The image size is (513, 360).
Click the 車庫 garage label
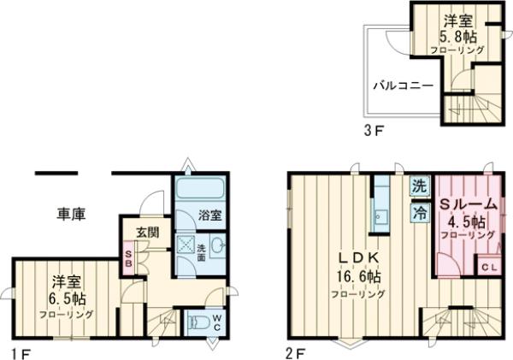[x=71, y=214]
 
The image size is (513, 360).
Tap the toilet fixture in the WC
[x=198, y=322]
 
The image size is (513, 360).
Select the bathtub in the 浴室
[x=199, y=188]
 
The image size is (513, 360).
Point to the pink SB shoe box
[x=128, y=258]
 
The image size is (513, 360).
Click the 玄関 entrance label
[x=148, y=232]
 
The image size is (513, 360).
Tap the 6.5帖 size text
[x=69, y=298]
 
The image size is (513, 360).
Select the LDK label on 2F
[x=358, y=258]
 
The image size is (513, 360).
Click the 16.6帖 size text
[x=359, y=278]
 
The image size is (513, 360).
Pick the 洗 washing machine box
[x=420, y=186]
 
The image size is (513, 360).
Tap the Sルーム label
[x=468, y=205]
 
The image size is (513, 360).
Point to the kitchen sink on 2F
[x=380, y=217]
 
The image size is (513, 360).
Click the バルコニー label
[x=404, y=86]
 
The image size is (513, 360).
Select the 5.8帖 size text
[x=458, y=37]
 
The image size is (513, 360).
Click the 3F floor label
[x=374, y=131]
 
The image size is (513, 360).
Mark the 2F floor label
[x=296, y=353]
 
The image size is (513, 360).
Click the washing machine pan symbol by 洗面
[x=186, y=245]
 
